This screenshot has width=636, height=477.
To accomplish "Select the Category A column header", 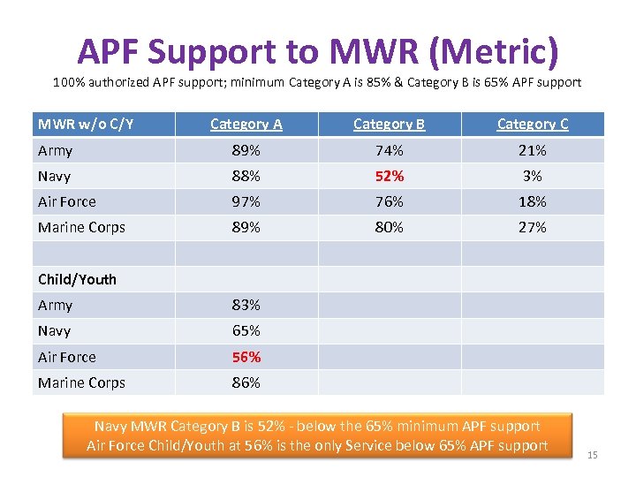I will (246, 125).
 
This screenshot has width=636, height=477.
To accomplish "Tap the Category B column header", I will (389, 125).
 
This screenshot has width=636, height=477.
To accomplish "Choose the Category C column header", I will (532, 125).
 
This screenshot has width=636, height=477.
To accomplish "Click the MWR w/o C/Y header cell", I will (86, 125).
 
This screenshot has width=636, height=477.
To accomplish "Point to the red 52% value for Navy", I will (389, 176).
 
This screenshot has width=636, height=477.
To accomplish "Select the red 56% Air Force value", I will (246, 357).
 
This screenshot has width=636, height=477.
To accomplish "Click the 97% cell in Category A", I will (246, 201).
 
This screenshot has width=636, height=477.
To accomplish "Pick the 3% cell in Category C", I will (532, 176).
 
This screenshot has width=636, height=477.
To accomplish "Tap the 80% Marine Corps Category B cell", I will (389, 227).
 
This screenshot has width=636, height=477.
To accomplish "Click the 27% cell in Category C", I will (532, 227).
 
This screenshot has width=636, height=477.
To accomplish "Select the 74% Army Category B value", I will (389, 150).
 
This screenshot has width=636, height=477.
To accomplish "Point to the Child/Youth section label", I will (77, 279).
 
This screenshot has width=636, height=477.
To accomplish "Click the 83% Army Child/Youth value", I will (246, 305).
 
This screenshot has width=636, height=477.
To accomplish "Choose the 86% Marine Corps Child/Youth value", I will (246, 382).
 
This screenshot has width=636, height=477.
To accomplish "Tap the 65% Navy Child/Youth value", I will (246, 330).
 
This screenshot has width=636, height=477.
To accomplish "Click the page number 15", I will (593, 455).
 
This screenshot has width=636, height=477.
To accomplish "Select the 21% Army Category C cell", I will (532, 150).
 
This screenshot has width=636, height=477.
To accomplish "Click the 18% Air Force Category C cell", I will (532, 201).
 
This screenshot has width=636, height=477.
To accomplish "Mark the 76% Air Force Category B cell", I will (389, 201).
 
